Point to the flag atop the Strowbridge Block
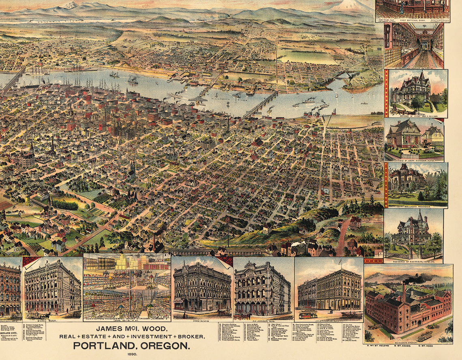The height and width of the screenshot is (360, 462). pyautogui.click(x=341, y=261)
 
